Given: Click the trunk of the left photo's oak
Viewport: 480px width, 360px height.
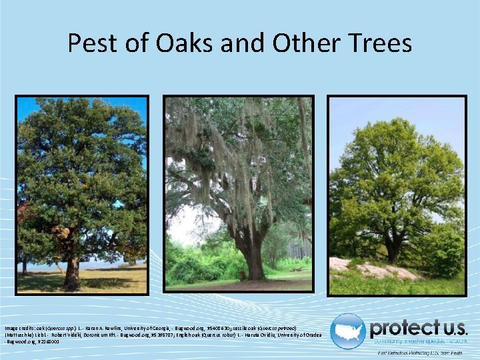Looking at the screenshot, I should pos(72,270).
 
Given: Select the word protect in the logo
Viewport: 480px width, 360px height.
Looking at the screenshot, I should pos(401,327).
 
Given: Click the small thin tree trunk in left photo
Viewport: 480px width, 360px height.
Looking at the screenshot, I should pos(25,265).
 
